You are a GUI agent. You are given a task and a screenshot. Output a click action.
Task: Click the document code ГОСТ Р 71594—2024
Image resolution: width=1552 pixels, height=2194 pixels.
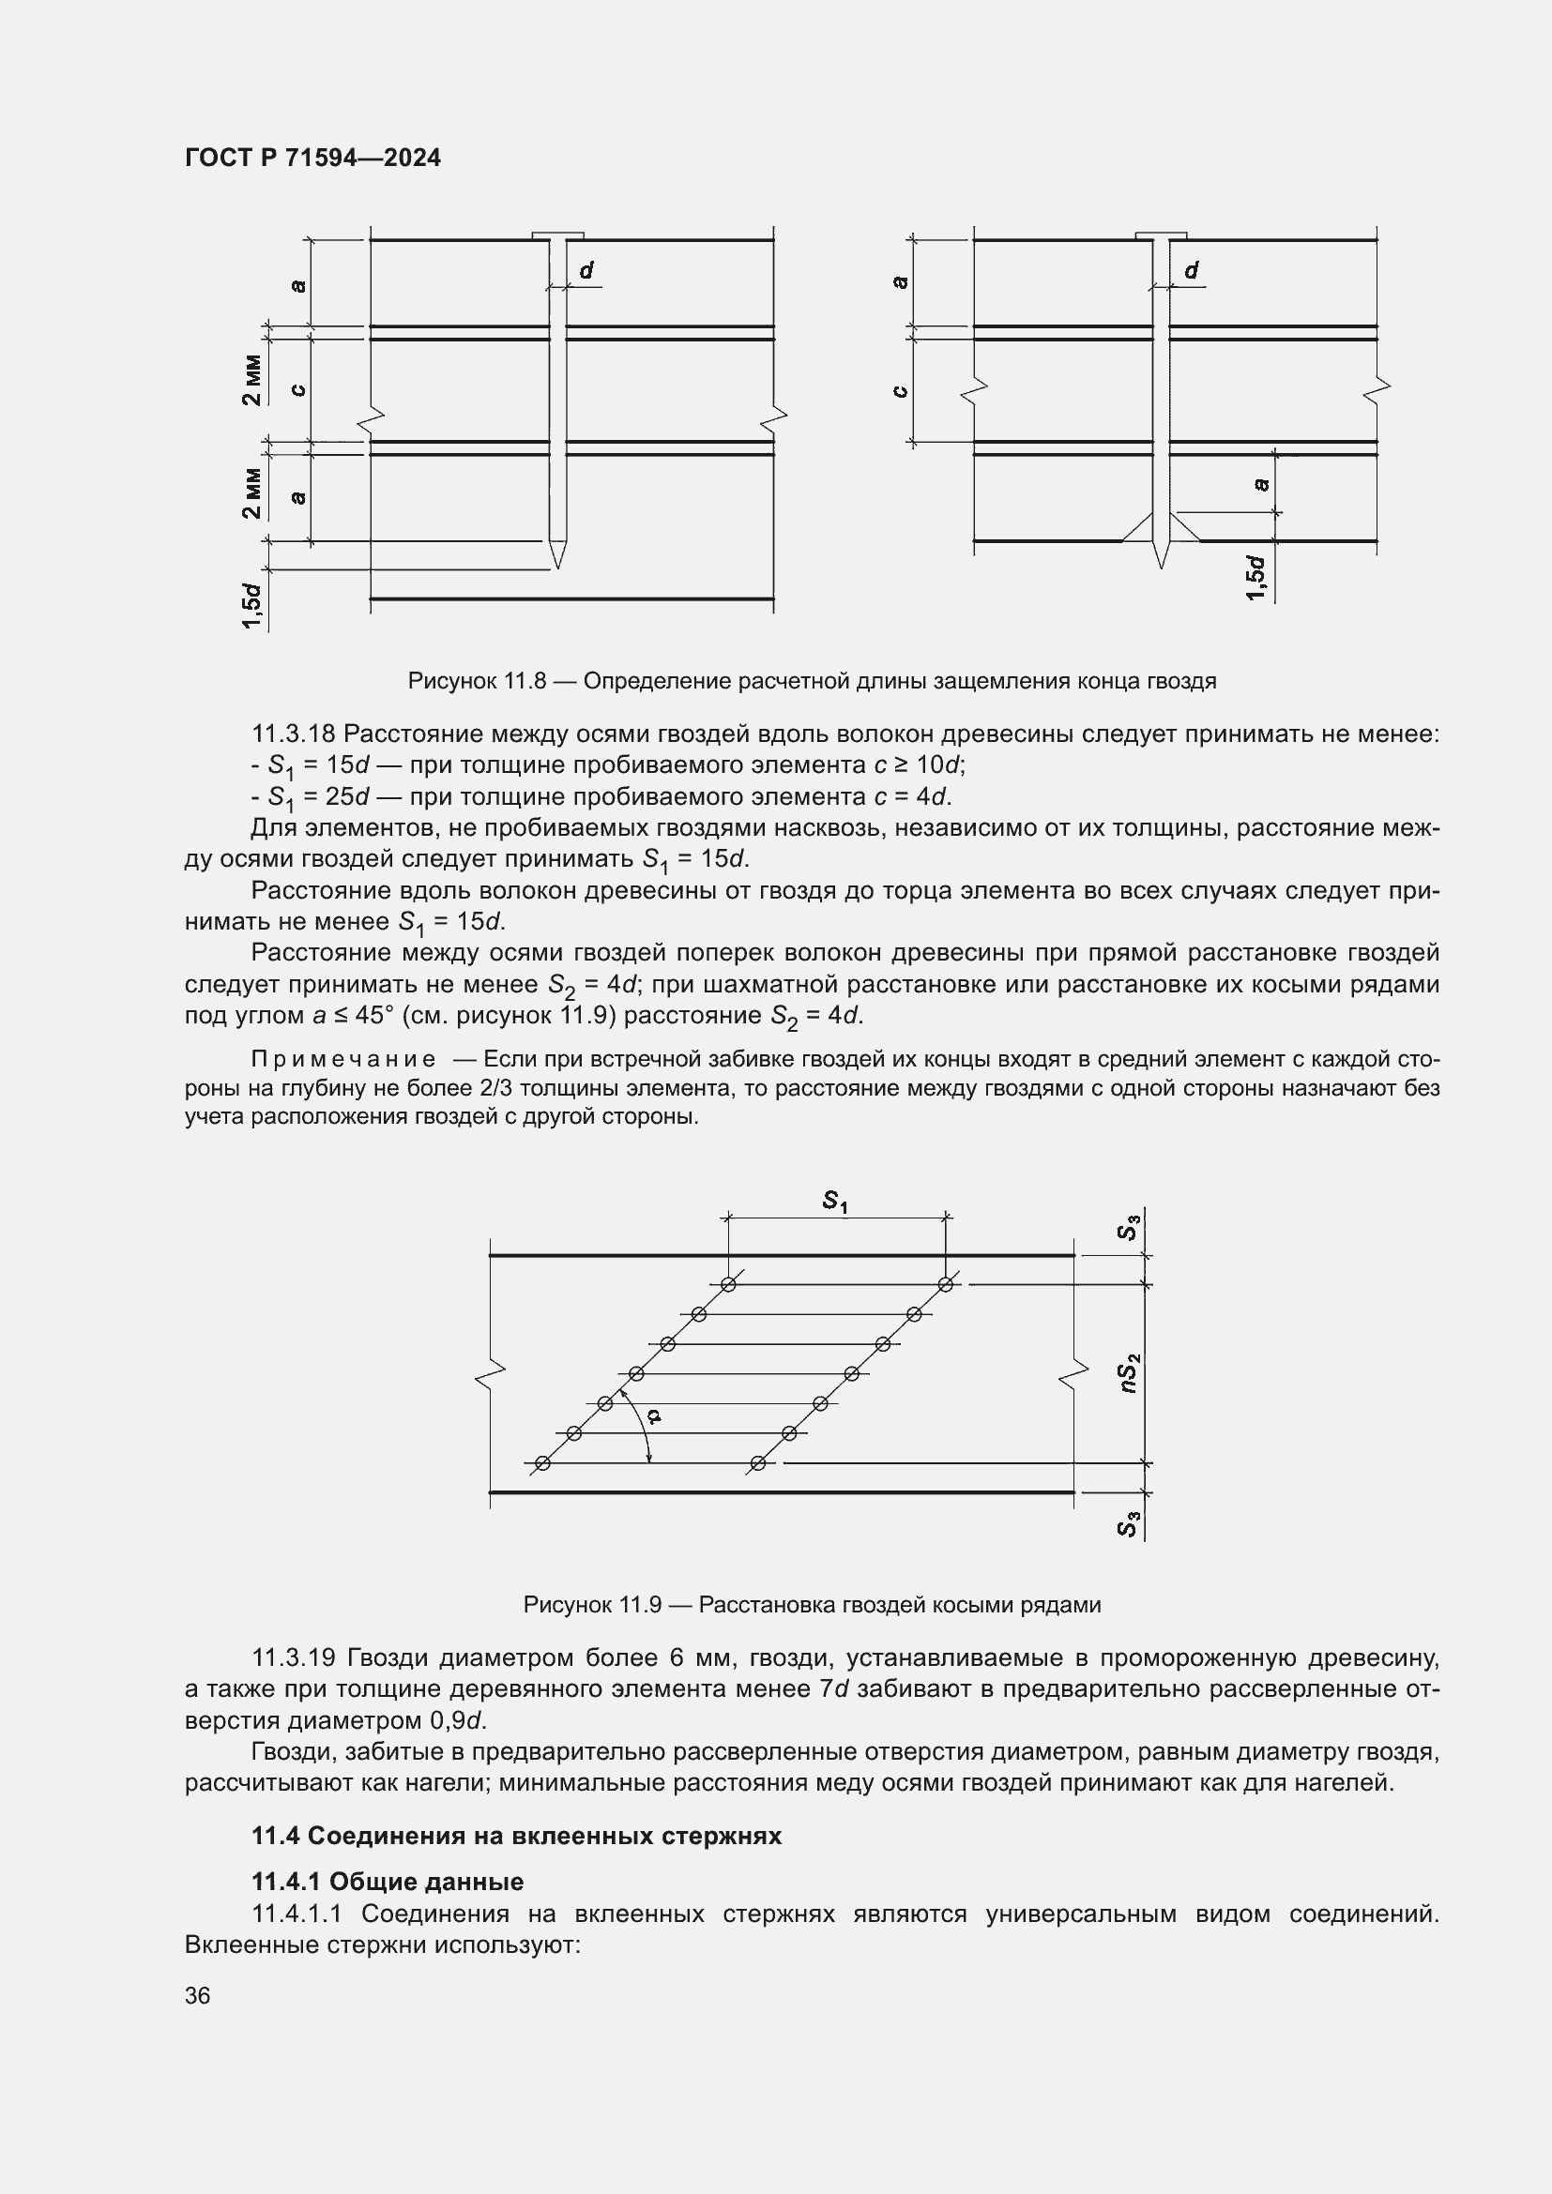(x=312, y=158)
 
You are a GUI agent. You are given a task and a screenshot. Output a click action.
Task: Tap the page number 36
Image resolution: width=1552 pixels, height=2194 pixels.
(x=198, y=1995)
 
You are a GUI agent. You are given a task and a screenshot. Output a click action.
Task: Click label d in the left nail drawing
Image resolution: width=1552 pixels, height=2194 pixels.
(x=586, y=271)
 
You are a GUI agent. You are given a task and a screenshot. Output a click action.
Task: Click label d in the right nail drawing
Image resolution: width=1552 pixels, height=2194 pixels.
(x=1192, y=271)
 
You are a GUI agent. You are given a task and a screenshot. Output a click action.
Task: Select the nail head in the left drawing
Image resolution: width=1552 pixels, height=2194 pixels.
(x=557, y=235)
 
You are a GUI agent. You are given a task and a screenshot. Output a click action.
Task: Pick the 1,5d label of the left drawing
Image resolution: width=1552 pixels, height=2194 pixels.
(x=251, y=605)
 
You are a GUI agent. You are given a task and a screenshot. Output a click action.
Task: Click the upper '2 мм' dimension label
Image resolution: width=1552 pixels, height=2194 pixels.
(x=251, y=379)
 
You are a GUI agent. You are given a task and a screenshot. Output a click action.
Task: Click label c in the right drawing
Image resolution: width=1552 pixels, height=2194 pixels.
(x=899, y=391)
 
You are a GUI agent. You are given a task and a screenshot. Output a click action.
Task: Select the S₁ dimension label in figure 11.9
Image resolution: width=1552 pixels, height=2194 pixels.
(x=835, y=1202)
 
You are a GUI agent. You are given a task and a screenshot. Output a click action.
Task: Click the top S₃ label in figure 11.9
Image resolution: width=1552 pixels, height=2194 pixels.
(x=1129, y=1228)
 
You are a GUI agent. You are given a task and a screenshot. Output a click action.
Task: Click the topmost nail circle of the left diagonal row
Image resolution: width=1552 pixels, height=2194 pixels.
(x=728, y=1284)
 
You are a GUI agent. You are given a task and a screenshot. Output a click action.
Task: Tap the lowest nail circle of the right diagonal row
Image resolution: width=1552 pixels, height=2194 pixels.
(x=758, y=1463)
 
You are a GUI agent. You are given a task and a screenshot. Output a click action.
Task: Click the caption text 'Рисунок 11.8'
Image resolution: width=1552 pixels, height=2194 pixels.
(x=476, y=681)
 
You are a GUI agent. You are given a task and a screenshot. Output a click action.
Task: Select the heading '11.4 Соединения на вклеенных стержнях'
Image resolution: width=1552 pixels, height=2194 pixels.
(x=516, y=1836)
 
